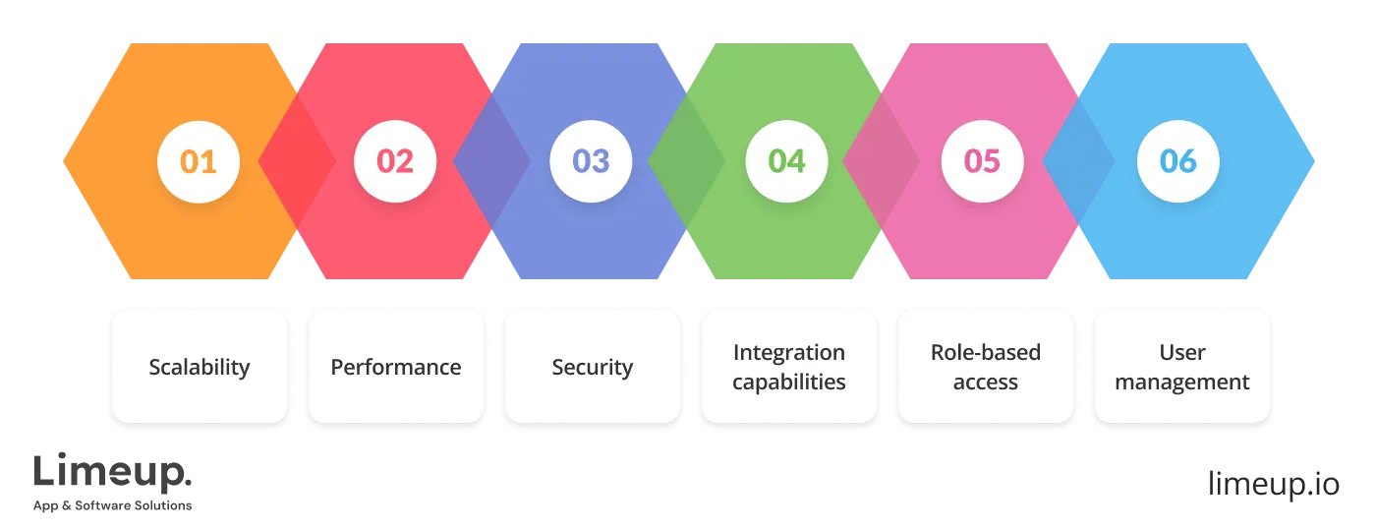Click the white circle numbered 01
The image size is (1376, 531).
pyautogui.click(x=199, y=161)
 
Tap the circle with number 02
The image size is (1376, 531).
pyautogui.click(x=394, y=161)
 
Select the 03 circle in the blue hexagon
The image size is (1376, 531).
pyautogui.click(x=591, y=161)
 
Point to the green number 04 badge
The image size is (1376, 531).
pyautogui.click(x=786, y=161)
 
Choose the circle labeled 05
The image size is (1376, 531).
pyautogui.click(x=982, y=161)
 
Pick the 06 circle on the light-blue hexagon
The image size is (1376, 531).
pyautogui.click(x=1177, y=161)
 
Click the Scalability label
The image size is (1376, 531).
pyautogui.click(x=200, y=367)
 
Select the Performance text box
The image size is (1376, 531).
pyautogui.click(x=395, y=367)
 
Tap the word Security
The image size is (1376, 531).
pyautogui.click(x=592, y=367)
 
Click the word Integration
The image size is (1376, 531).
pyautogui.click(x=788, y=352)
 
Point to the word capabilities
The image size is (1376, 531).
pyautogui.click(x=788, y=382)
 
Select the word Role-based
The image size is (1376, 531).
pyautogui.click(x=985, y=352)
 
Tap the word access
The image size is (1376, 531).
pyautogui.click(x=985, y=382)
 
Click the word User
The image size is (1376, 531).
pyautogui.click(x=1181, y=352)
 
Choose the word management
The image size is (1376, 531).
pyautogui.click(x=1181, y=382)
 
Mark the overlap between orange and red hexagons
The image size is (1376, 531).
pyautogui.click(x=296, y=161)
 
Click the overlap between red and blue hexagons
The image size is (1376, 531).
pyautogui.click(x=491, y=161)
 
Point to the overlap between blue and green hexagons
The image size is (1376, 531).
pyautogui.click(x=687, y=161)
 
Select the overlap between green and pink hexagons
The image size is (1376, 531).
pyautogui.click(x=882, y=161)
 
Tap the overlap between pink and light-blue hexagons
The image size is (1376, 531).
pyautogui.click(x=1078, y=161)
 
